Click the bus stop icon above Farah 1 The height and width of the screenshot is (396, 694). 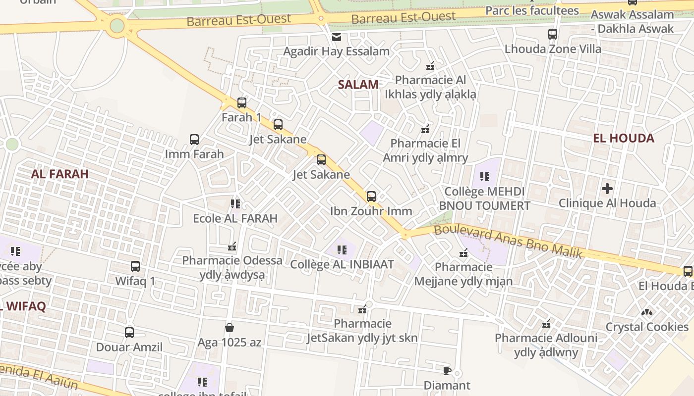tap(241, 103)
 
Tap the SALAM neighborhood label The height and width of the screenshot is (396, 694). tap(358, 85)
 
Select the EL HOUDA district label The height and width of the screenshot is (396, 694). tap(624, 138)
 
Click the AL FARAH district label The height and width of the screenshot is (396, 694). tap(59, 174)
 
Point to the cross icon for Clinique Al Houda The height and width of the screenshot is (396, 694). tap(607, 189)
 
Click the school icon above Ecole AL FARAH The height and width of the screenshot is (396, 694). tap(235, 203)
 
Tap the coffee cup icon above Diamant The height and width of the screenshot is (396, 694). tap(447, 370)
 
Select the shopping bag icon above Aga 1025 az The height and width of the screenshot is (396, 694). tap(230, 327)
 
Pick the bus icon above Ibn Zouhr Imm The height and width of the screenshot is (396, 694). tap(371, 197)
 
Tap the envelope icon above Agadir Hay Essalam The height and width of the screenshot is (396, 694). tap(337, 37)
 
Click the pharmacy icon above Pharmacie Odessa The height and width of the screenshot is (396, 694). tap(231, 246)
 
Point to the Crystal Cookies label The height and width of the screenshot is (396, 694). tap(647, 327)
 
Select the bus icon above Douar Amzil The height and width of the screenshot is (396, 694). tap(129, 332)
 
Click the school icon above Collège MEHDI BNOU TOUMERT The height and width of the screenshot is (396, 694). tap(484, 177)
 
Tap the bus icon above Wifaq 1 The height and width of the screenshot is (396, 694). tap(135, 266)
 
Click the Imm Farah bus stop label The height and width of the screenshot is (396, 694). tap(194, 154)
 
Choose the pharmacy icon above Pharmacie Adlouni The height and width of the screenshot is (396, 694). tap(546, 324)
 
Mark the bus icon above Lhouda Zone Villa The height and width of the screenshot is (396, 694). tap(553, 34)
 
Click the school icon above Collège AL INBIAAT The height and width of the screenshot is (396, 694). tap(342, 250)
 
